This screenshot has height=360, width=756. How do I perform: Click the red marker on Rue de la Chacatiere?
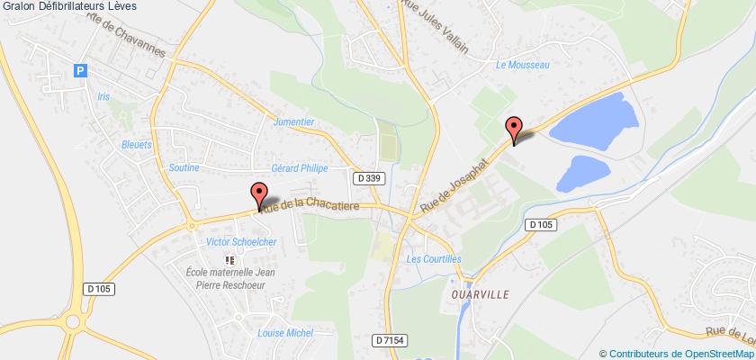pyautogui.click(x=259, y=193)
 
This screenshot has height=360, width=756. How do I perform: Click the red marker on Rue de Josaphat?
pyautogui.click(x=514, y=129)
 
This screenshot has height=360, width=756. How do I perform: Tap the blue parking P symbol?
pyautogui.click(x=82, y=68)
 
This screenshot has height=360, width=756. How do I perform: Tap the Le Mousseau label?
pyautogui.click(x=522, y=65)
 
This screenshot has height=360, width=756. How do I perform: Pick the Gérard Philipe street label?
pyautogui.click(x=301, y=168)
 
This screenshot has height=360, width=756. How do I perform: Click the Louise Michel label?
pyautogui.click(x=283, y=332)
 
